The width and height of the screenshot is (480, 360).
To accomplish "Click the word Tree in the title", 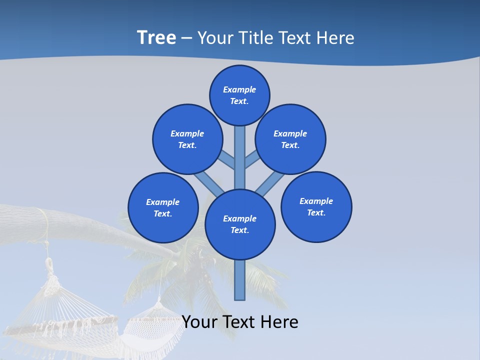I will pos(156,37).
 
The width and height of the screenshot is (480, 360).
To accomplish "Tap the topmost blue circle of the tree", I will pos(239,95).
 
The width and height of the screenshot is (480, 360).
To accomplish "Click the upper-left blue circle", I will pos(187,139).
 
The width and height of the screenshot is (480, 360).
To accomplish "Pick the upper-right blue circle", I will pos(290,139).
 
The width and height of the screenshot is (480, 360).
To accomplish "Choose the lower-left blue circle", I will pos(163,207).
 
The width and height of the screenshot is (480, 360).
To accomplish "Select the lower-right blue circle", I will pos(316,206).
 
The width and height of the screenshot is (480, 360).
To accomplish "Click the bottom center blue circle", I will pos(240,224).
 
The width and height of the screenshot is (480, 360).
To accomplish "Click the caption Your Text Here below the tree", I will pos(240,322).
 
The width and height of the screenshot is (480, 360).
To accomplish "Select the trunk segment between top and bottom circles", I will pos(240,157).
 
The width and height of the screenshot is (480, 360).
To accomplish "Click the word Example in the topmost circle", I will pos(239,89).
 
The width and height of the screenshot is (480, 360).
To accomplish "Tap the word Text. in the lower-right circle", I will pos(316,212).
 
